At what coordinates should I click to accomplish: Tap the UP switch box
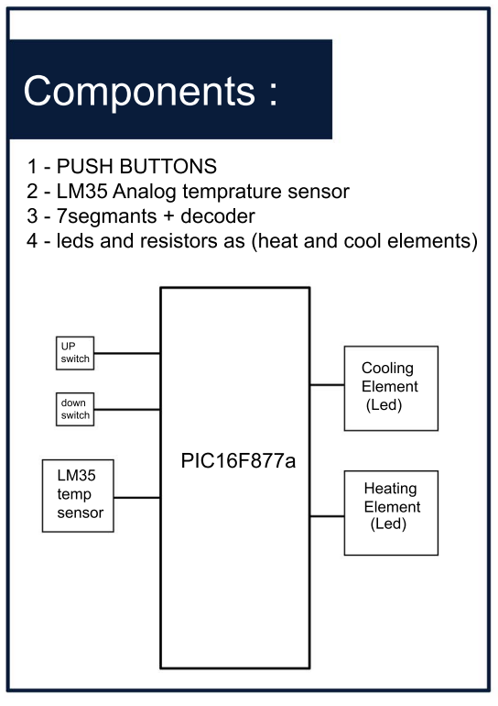tap(74, 353)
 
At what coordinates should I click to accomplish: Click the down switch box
tap(74, 409)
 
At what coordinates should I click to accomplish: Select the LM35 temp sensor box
tap(78, 495)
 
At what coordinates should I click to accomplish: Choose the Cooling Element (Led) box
tap(391, 388)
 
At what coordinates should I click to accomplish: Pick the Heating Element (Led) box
tap(391, 513)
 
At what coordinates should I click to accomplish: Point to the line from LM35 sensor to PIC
tap(136, 498)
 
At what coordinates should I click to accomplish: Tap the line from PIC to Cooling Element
tap(327, 385)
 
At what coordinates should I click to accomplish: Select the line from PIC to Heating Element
tap(327, 516)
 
